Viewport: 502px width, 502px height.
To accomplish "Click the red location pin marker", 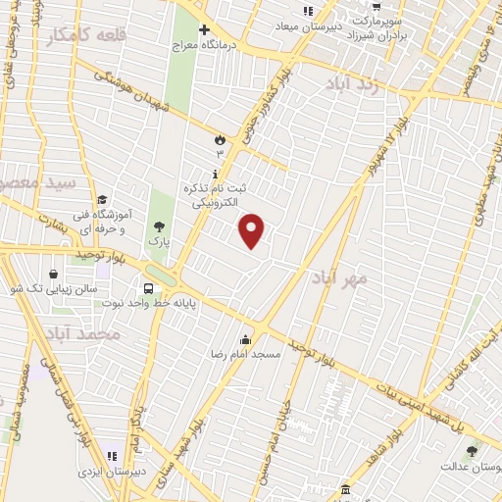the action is [253, 230].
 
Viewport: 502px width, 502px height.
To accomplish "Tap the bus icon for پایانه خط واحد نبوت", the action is [148, 288].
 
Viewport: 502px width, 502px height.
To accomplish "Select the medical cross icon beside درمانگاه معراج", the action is [205, 29].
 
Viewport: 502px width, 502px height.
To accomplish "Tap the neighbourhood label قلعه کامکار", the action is [86, 36].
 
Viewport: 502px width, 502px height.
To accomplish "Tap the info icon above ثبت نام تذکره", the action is [215, 173].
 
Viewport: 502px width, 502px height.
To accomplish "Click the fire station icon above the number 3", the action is [220, 140].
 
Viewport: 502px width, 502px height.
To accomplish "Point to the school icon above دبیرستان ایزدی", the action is [110, 456].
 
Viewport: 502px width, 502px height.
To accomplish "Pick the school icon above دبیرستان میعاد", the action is [308, 11].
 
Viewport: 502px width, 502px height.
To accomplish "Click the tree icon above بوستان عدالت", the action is [473, 452].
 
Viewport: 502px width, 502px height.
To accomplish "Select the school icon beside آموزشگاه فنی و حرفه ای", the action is [103, 203].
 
